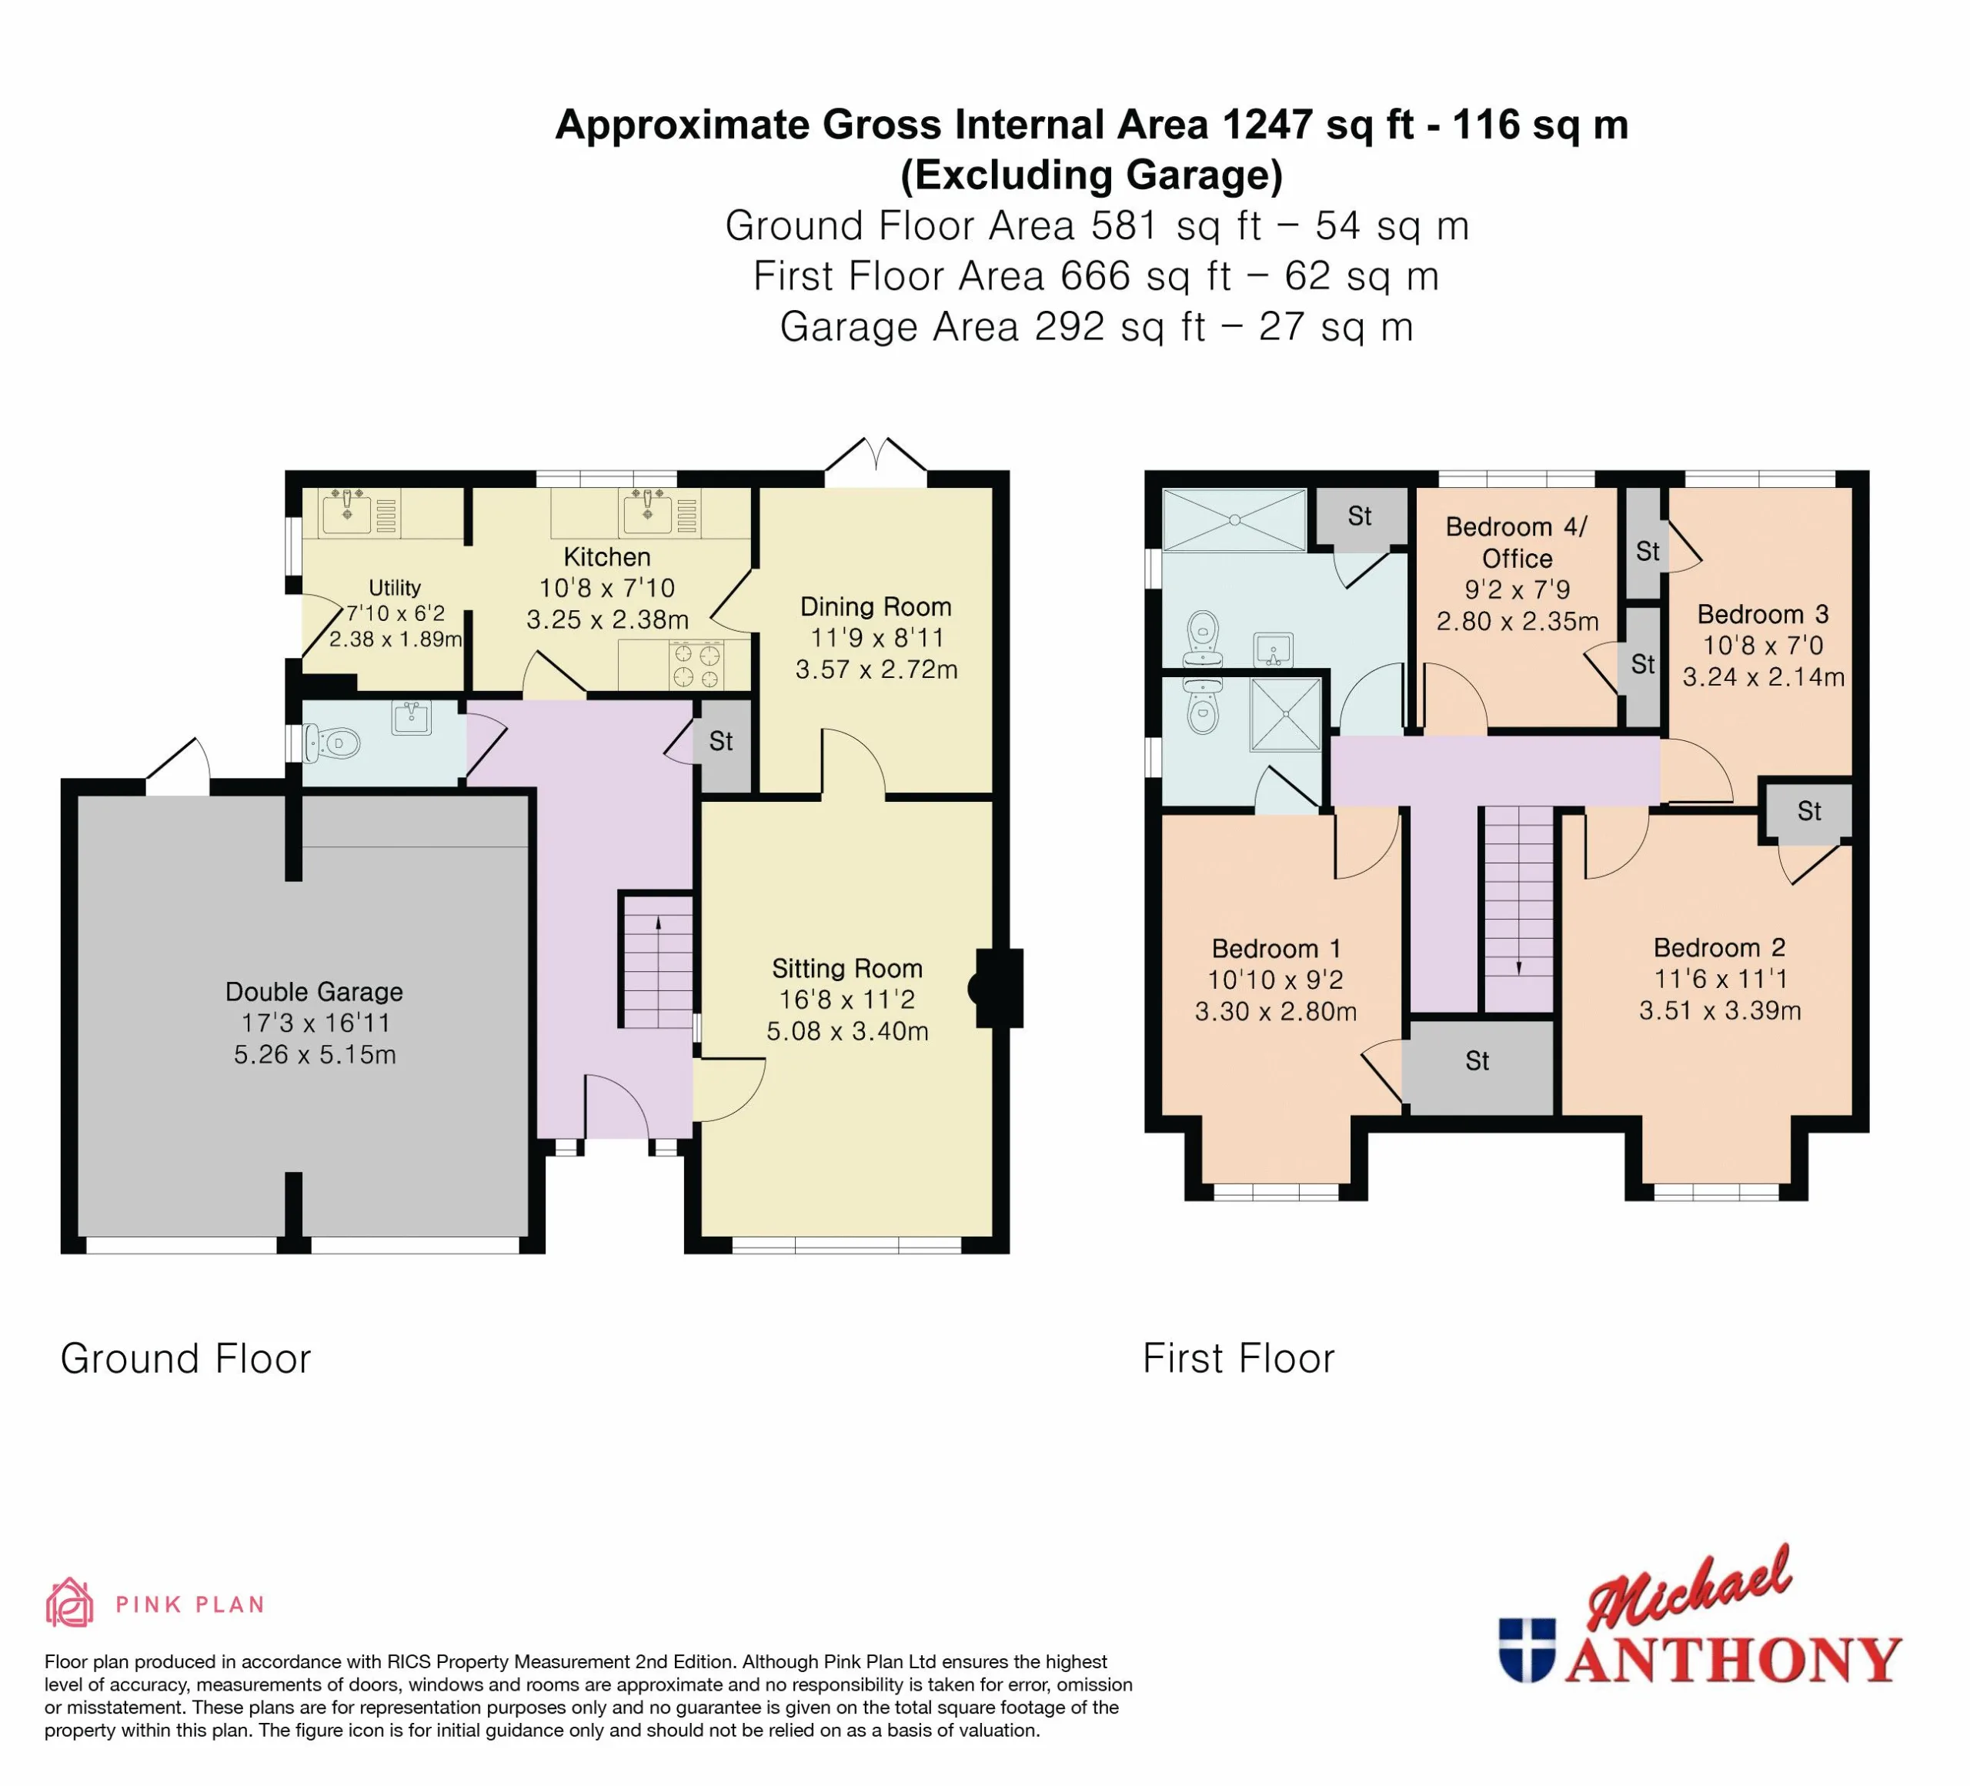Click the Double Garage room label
click(x=314, y=992)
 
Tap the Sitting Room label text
click(x=847, y=968)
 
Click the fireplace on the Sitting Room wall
click(x=996, y=988)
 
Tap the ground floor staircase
click(x=659, y=960)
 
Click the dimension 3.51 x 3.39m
click(x=1720, y=1010)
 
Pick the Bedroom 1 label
click(x=1275, y=949)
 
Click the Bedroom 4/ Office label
click(x=1517, y=542)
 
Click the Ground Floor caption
click(x=185, y=1358)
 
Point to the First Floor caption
click(x=1238, y=1358)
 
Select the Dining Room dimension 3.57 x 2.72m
click(x=876, y=669)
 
